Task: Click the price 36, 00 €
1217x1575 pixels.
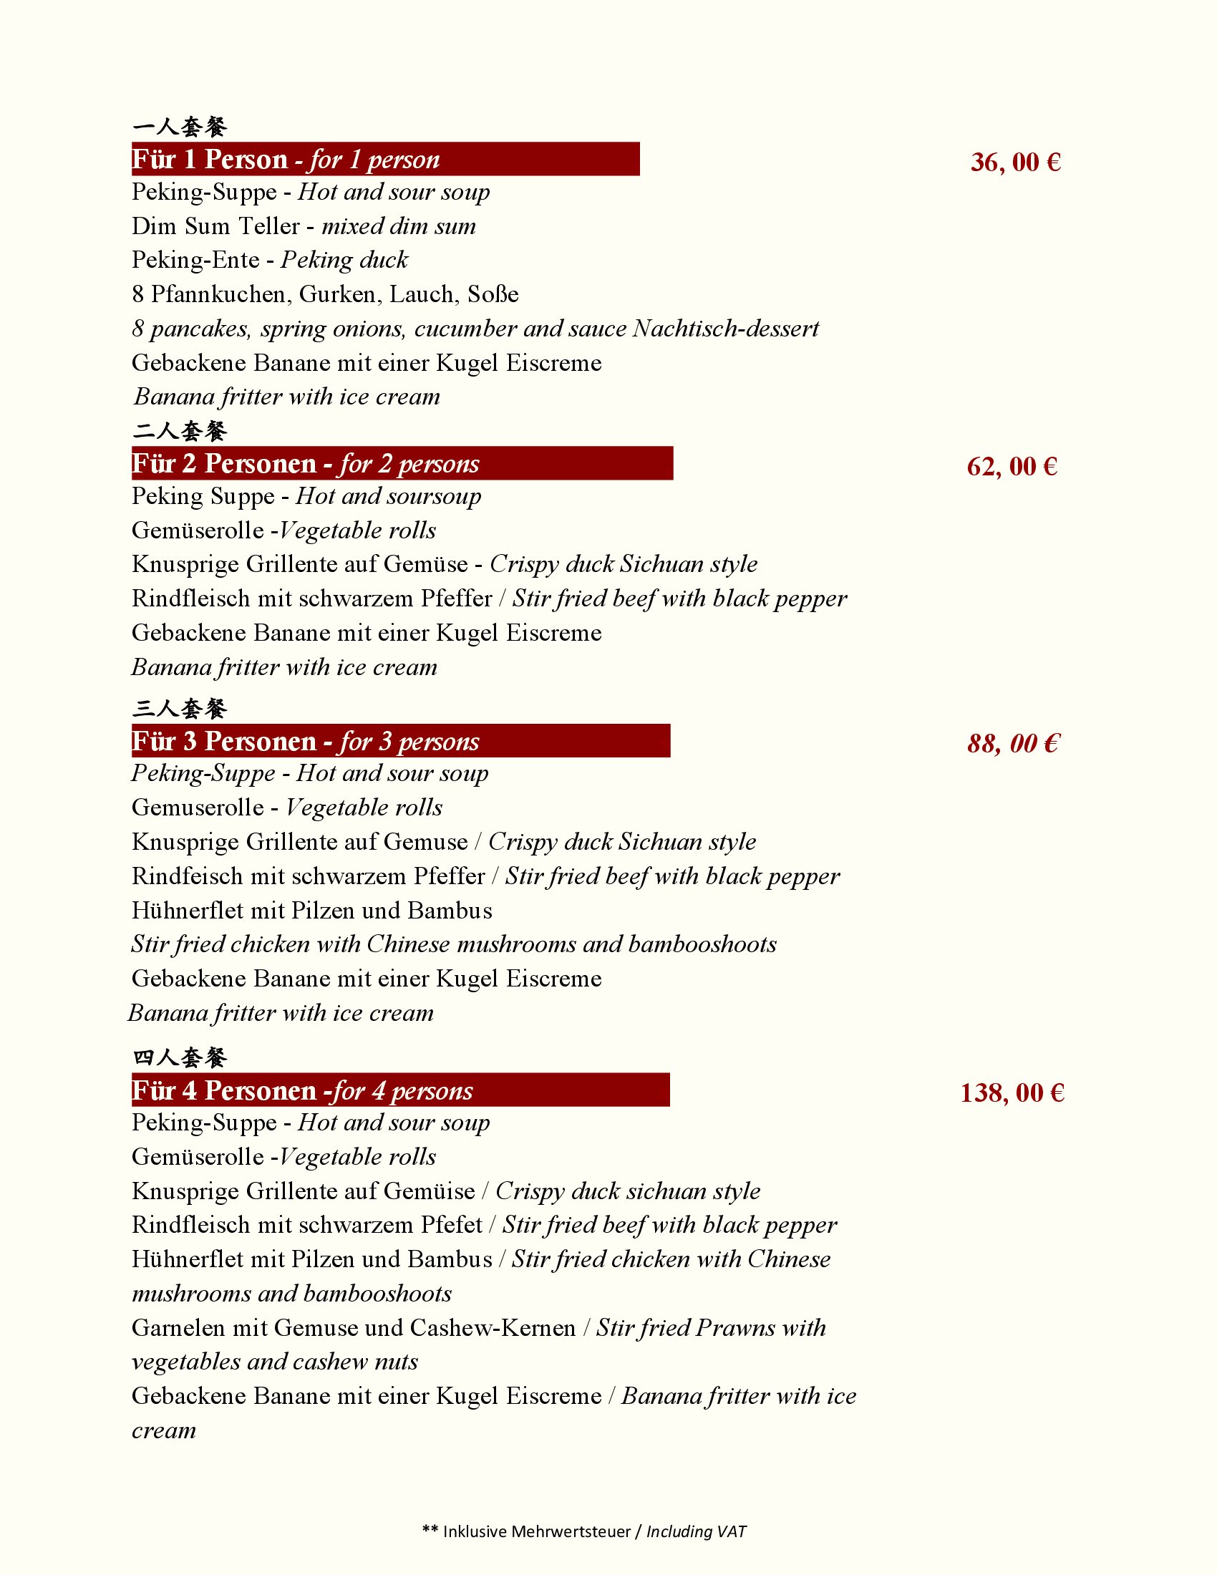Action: pos(1015,163)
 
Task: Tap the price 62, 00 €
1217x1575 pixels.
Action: pos(1012,467)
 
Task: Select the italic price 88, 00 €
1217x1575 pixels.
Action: pos(1013,744)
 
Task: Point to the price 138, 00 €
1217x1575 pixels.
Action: pos(1012,1092)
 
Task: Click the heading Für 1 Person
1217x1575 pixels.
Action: pos(210,160)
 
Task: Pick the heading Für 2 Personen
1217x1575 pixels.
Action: pos(224,464)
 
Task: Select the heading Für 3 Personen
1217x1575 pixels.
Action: pos(224,742)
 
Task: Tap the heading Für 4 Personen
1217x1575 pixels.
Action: pos(224,1090)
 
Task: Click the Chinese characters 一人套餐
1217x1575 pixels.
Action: pos(180,127)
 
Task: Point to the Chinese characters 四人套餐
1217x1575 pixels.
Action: pos(180,1058)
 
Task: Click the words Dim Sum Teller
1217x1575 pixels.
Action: pos(215,226)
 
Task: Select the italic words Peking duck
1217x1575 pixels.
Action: pos(344,260)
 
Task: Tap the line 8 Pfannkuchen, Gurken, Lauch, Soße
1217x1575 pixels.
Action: pos(325,294)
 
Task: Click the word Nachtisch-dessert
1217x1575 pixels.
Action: pos(725,329)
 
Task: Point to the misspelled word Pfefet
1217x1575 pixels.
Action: pos(451,1225)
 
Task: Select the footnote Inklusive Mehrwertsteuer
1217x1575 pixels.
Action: pos(536,1531)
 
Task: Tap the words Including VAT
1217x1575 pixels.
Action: pos(696,1531)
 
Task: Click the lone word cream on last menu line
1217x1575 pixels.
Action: pos(164,1430)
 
